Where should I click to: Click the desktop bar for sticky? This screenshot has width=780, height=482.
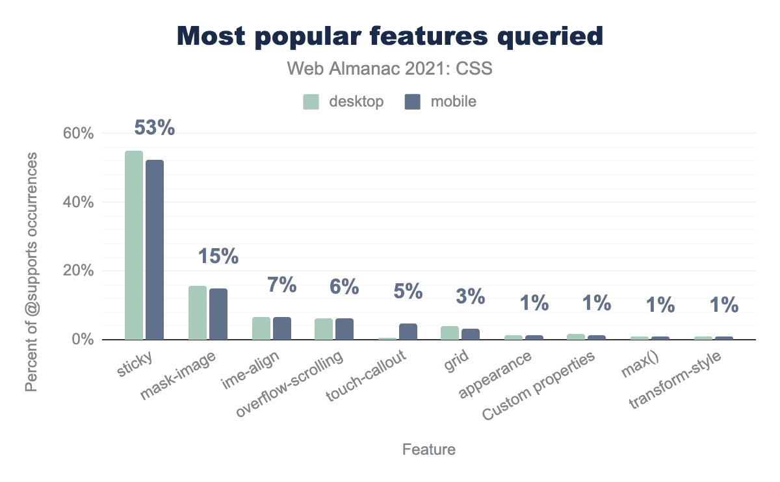pyautogui.click(x=134, y=245)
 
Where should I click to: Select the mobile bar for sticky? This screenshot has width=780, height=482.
pyautogui.click(x=155, y=249)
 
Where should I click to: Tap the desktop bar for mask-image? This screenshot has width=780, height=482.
pyautogui.click(x=198, y=312)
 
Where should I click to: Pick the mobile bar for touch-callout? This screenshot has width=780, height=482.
pyautogui.click(x=408, y=331)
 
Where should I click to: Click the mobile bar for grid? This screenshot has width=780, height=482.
pyautogui.click(x=471, y=334)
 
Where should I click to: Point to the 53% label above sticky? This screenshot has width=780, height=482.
pyautogui.click(x=155, y=128)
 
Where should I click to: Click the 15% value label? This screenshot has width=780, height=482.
pyautogui.click(x=218, y=257)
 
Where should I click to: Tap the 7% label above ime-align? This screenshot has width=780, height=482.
pyautogui.click(x=282, y=285)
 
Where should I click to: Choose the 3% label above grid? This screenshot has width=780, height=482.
pyautogui.click(x=471, y=296)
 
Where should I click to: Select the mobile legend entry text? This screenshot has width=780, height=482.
pyautogui.click(x=454, y=101)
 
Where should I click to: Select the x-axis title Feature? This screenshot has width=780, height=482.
pyautogui.click(x=429, y=450)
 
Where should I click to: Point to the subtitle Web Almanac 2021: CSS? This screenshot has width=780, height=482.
pyautogui.click(x=390, y=69)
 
